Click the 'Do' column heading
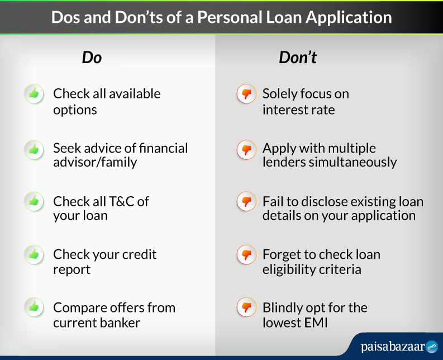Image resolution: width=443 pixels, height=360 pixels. tap(92, 58)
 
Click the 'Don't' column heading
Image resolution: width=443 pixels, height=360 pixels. tap(298, 58)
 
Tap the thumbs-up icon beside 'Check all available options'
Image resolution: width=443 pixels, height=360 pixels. tap(34, 93)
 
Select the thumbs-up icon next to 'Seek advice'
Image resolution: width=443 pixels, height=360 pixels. tap(34, 150)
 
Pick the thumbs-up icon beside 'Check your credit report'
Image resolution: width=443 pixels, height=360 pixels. tap(34, 254)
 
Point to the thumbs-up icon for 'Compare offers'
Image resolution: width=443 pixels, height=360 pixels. tap(34, 307)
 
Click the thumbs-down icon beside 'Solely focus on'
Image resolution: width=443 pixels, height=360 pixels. tap(246, 93)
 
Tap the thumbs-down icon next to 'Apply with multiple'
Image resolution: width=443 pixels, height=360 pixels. tap(246, 150)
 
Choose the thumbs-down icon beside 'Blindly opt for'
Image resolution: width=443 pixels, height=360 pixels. tap(246, 307)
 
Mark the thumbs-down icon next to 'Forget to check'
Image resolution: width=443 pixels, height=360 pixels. tap(246, 254)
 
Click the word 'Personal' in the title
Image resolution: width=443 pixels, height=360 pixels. tap(230, 17)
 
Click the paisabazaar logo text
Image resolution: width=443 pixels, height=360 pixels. tap(393, 347)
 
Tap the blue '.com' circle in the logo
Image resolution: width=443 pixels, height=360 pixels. tap(432, 347)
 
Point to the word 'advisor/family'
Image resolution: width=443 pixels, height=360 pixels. tap(95, 163)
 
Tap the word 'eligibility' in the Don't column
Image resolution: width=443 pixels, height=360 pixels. tap(285, 269)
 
